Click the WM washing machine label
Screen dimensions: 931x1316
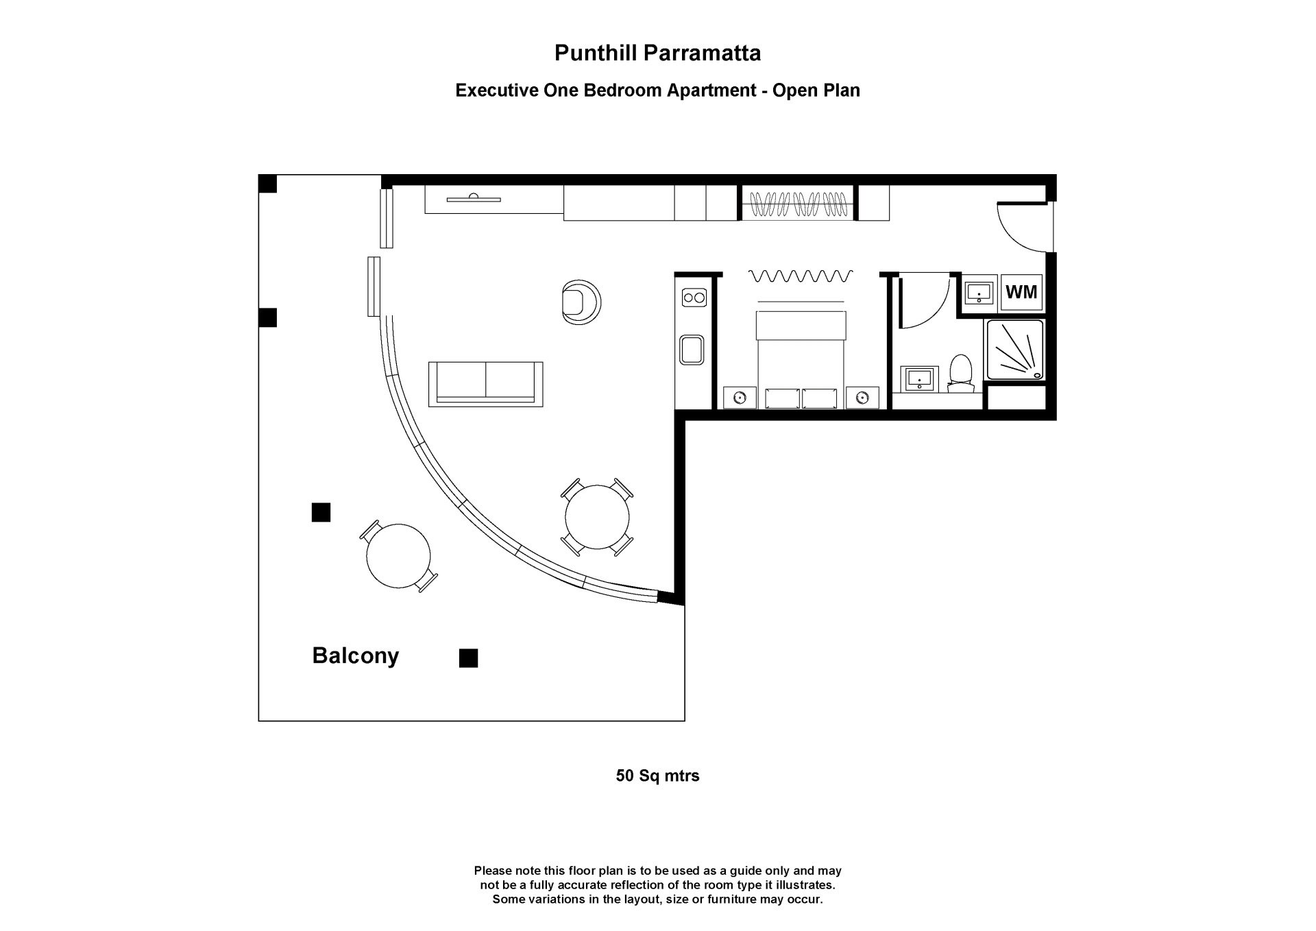pos(1021,292)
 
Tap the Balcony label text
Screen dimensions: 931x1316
pos(355,656)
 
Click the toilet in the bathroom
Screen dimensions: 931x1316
pos(961,374)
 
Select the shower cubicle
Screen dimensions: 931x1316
pos(1014,350)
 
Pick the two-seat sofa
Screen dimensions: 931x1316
pos(485,384)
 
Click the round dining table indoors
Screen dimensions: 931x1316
pos(597,517)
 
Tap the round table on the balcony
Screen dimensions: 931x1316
pos(398,556)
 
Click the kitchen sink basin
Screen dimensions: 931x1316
pos(692,350)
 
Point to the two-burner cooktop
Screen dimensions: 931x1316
pos(694,298)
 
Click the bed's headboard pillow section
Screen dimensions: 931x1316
pos(801,325)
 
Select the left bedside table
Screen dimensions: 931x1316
pos(740,398)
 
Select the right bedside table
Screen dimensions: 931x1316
pos(862,398)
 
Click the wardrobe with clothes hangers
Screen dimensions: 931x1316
pos(799,203)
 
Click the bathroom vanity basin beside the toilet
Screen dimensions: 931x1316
pos(919,378)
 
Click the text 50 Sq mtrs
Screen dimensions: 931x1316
pos(657,775)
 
